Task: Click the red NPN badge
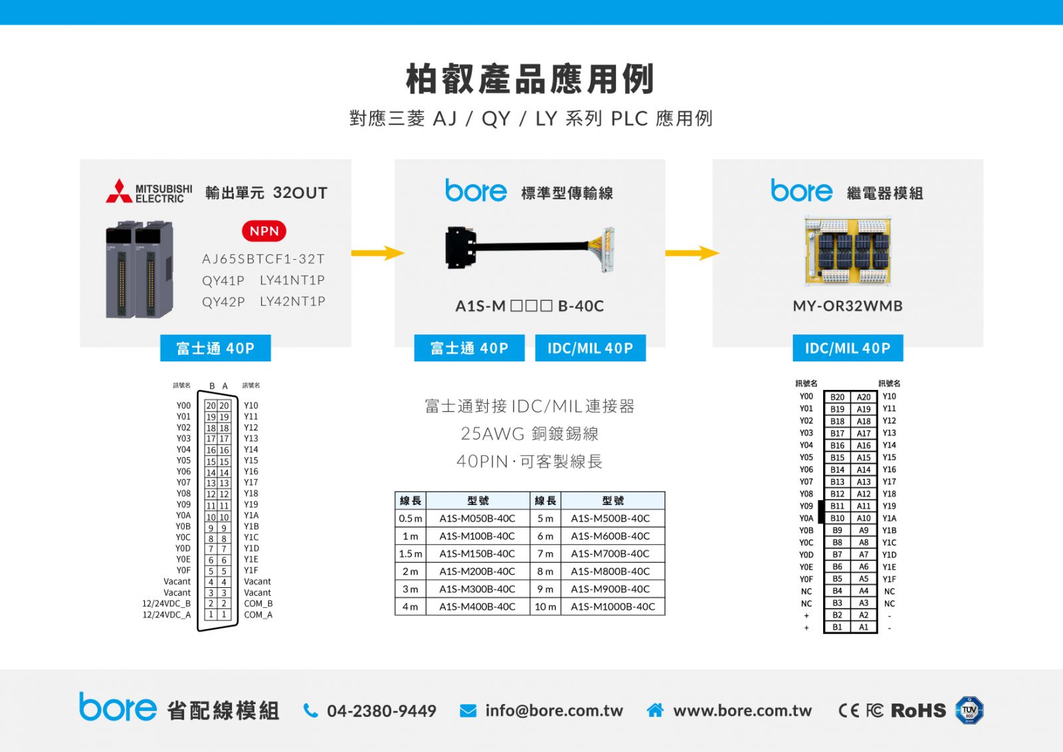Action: (264, 231)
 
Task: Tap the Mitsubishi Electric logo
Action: (149, 191)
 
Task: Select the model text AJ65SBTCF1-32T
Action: (263, 259)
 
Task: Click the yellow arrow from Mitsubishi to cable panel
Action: (378, 253)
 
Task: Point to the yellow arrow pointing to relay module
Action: (692, 253)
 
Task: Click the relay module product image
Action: (848, 251)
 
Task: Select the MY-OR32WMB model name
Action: (848, 306)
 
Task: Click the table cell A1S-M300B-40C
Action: (477, 589)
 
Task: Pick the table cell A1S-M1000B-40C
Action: (613, 607)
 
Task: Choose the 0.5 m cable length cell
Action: (411, 519)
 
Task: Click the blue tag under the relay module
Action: (848, 348)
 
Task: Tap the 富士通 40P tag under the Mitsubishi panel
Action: (215, 348)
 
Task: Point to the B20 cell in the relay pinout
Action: (837, 397)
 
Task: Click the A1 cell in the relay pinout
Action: (864, 627)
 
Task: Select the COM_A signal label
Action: (258, 615)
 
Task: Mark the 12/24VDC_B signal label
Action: (167, 603)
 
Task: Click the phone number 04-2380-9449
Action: (381, 711)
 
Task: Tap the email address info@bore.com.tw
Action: (554, 711)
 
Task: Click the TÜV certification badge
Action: (969, 710)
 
